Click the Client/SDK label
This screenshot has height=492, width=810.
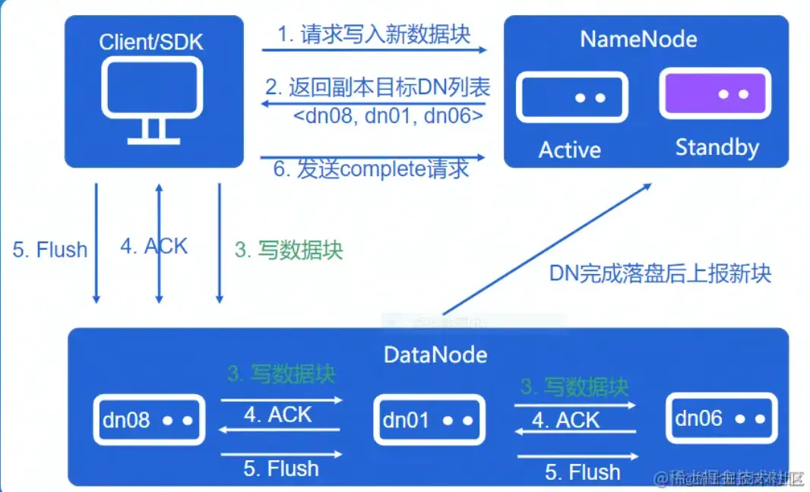click(151, 41)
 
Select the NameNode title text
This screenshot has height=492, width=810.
click(638, 39)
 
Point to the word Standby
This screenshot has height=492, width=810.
click(717, 147)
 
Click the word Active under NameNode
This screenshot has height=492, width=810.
click(569, 150)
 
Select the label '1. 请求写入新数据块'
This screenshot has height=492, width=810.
click(373, 34)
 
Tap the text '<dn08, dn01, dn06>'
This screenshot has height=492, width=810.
click(388, 115)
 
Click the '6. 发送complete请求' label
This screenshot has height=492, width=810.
click(371, 169)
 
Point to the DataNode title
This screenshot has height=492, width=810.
click(435, 354)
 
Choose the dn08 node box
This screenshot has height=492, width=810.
click(149, 420)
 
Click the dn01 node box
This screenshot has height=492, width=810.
click(429, 420)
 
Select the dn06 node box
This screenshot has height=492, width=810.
click(721, 418)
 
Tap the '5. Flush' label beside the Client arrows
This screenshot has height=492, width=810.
click(50, 249)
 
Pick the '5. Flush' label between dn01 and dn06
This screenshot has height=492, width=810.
click(582, 472)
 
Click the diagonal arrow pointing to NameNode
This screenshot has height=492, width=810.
click(547, 248)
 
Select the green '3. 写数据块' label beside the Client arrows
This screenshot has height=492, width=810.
click(289, 250)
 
